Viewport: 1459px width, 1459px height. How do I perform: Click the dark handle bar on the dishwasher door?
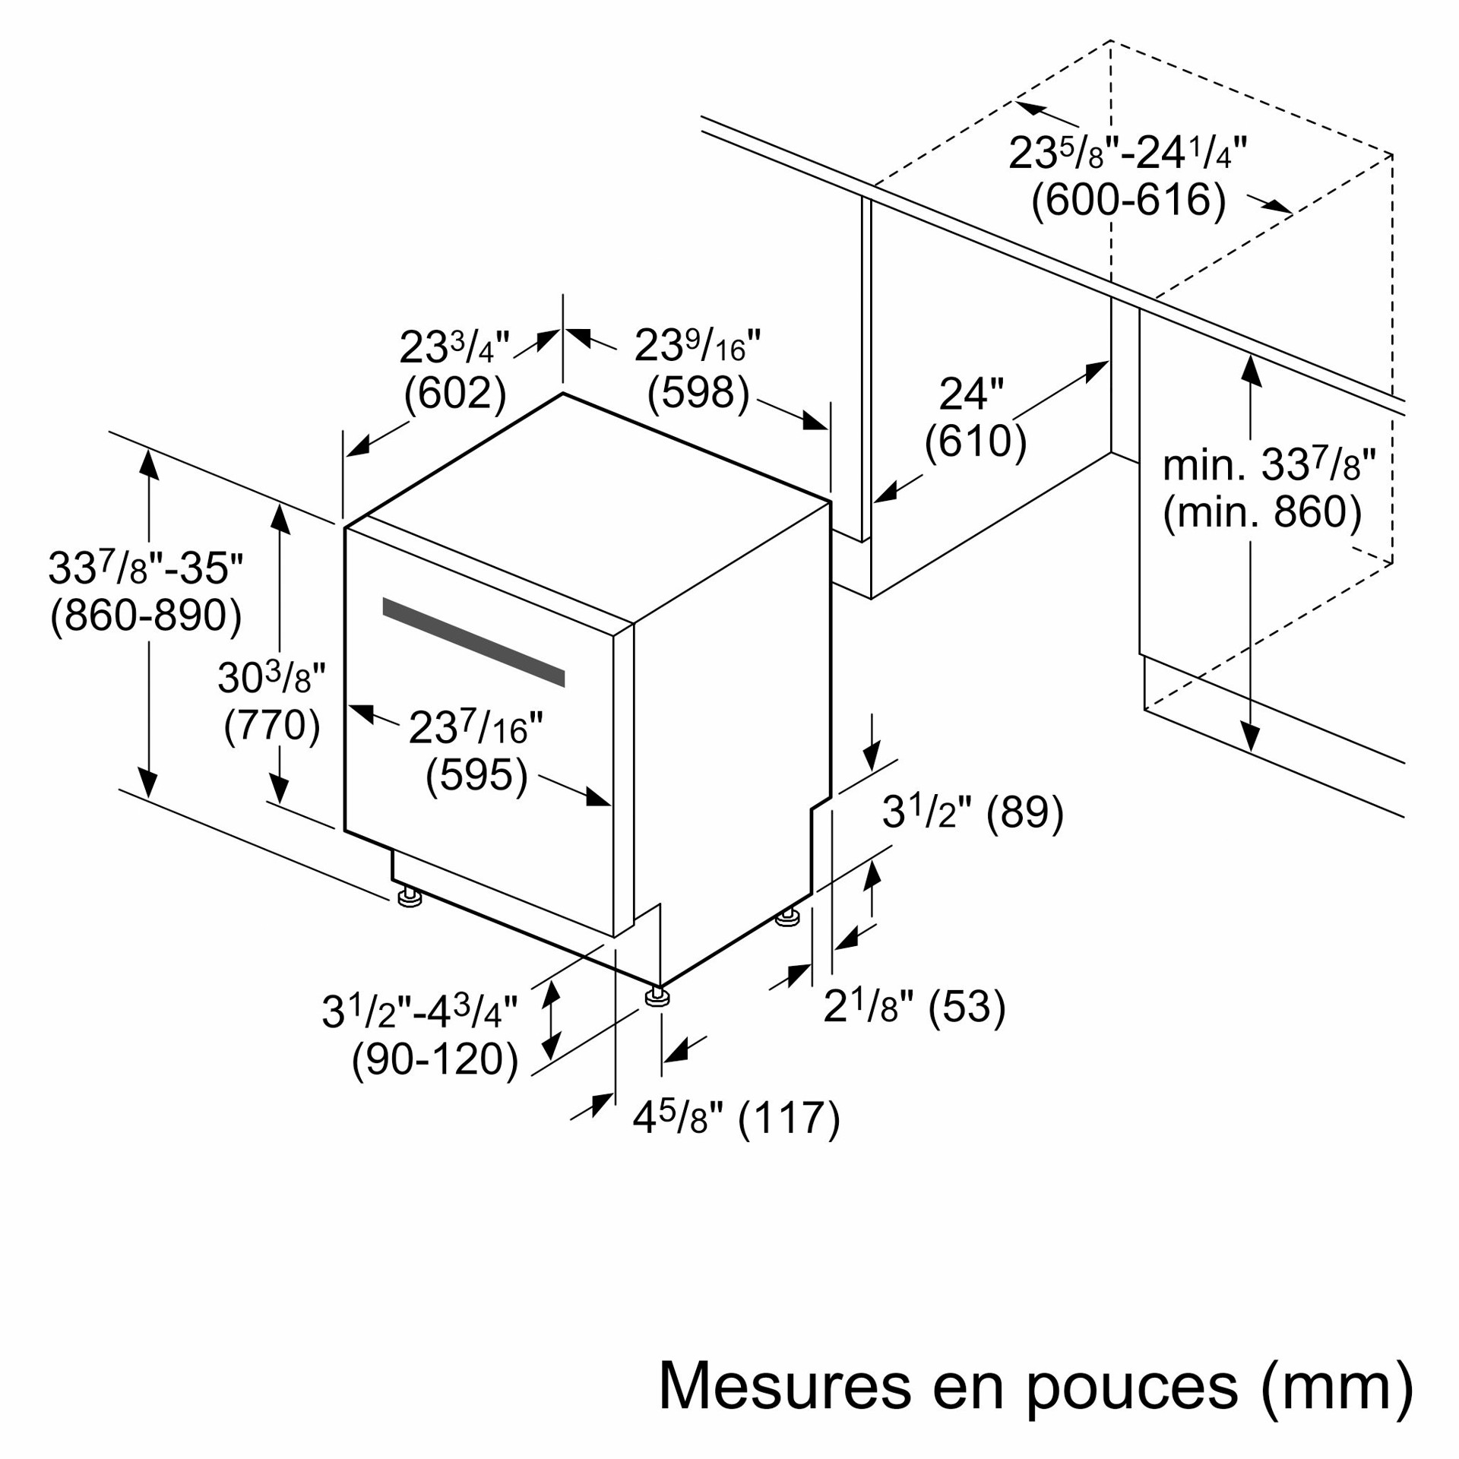(x=473, y=642)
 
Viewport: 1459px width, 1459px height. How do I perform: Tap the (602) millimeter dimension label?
(x=455, y=394)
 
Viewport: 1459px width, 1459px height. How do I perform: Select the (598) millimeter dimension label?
(x=698, y=393)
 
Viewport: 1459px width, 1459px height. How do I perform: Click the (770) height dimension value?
(x=272, y=725)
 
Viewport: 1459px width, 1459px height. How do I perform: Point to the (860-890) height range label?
(x=146, y=616)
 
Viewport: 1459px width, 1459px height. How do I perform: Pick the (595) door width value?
(x=476, y=775)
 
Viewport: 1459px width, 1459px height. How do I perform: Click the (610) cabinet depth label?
(x=976, y=441)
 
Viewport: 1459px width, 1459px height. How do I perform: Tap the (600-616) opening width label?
(x=1128, y=200)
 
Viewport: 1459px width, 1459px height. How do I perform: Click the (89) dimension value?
(x=1025, y=812)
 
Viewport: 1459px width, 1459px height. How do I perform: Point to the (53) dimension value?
(x=967, y=1007)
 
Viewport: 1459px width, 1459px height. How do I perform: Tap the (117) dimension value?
(x=790, y=1119)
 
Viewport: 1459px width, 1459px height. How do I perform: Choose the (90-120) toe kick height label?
(x=435, y=1059)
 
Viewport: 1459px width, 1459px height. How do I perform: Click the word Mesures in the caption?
(x=785, y=1385)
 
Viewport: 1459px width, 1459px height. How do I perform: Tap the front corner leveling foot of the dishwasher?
(x=657, y=995)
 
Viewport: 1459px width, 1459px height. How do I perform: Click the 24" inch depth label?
(x=971, y=394)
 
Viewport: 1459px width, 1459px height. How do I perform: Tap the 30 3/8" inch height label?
(x=271, y=677)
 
